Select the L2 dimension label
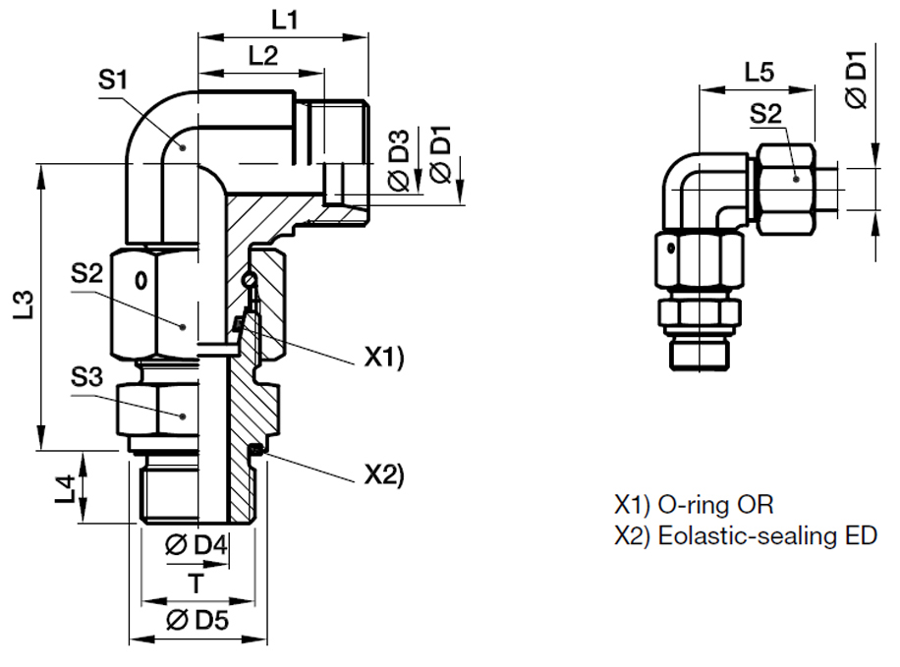260,56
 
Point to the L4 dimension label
65,487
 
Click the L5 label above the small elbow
759,71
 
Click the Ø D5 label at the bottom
197,619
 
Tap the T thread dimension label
197,584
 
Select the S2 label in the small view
765,114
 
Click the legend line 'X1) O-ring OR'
694,505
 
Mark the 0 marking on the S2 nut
141,280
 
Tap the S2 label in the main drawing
86,273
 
